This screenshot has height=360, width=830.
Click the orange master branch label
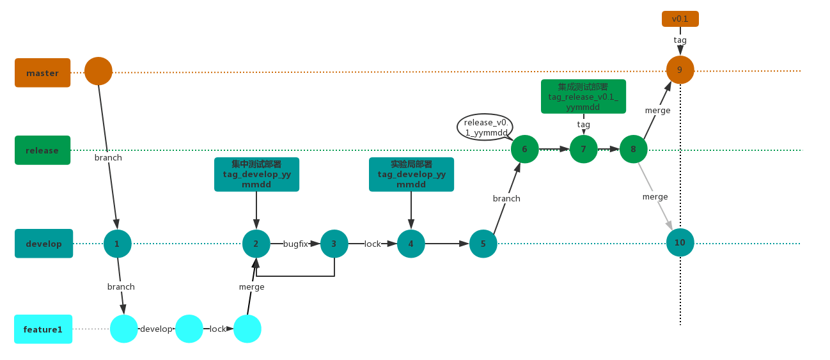point(42,73)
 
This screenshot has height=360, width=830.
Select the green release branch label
point(42,150)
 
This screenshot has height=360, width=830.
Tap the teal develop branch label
point(43,244)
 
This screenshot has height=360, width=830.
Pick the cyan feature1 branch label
point(43,329)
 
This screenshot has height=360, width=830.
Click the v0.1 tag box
point(680,19)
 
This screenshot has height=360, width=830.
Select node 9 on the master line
point(680,70)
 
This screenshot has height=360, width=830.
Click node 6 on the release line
point(524,149)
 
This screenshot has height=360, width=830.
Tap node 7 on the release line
point(583,149)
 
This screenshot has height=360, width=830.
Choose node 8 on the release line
point(633,149)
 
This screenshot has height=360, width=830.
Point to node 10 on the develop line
point(680,243)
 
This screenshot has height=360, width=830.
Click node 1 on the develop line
point(117,244)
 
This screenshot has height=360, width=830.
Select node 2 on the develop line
point(256,244)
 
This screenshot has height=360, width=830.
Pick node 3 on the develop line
point(334,244)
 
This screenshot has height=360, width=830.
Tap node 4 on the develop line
point(411,244)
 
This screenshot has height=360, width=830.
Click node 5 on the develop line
point(483,244)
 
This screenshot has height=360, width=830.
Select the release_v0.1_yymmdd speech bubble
point(485,127)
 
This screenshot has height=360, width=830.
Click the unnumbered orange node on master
point(98,71)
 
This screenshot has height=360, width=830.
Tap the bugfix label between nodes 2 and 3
point(295,244)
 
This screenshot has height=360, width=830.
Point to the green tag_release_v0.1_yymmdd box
point(583,97)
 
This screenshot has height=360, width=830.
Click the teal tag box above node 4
point(411,175)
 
